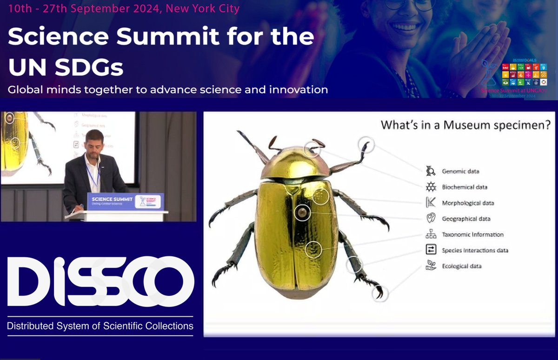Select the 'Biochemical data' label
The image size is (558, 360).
[x=465, y=187]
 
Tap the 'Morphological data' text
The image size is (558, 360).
[x=468, y=203]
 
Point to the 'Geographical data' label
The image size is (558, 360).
[x=466, y=219]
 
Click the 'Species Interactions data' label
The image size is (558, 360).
[x=475, y=251]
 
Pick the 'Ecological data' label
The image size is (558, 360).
[x=462, y=267]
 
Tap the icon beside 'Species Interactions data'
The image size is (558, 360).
[x=431, y=250]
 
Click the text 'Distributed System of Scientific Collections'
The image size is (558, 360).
[x=100, y=326]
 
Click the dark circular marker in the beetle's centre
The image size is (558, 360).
[x=303, y=213]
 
